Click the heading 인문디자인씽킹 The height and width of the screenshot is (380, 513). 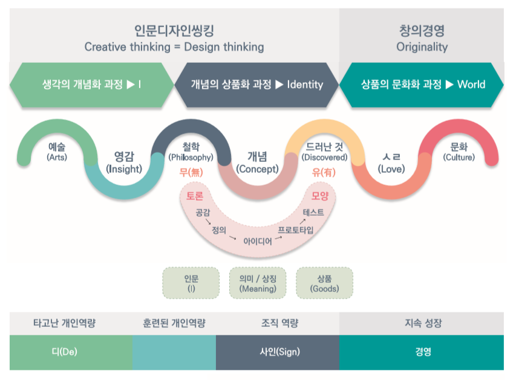tap(174, 30)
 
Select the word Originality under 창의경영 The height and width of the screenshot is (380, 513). tap(422, 47)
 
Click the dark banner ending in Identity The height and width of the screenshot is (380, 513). tap(256, 85)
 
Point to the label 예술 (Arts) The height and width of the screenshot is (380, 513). tap(57, 152)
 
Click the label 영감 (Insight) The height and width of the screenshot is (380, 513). tap(123, 163)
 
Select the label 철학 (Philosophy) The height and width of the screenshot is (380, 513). tap(191, 152)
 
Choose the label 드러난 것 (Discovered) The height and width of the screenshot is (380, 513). tap(324, 152)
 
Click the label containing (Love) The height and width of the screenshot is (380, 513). tap(391, 163)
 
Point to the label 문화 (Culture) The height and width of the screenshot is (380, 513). tap(459, 152)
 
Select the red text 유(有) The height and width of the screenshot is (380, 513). tap(324, 172)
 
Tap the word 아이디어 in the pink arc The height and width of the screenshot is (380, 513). tap(257, 240)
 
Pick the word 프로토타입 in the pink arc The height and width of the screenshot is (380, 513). tap(295, 230)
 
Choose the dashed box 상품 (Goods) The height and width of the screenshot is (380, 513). tap(324, 283)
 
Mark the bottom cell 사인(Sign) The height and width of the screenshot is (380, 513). tap(278, 352)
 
